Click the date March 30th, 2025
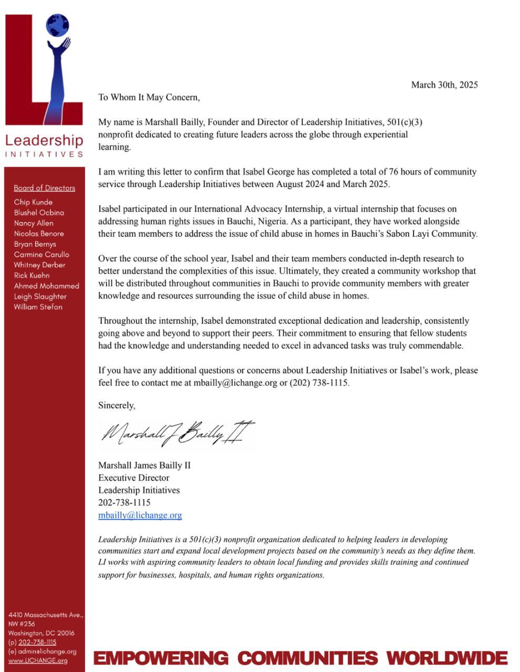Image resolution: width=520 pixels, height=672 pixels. tap(444, 85)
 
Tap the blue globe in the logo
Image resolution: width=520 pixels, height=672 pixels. tap(57, 25)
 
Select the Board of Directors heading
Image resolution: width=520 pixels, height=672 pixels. tap(45, 188)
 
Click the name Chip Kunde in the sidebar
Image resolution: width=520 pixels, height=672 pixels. tap(33, 202)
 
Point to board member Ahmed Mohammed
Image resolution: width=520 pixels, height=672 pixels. tap(46, 286)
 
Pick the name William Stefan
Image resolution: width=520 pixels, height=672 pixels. tap(38, 307)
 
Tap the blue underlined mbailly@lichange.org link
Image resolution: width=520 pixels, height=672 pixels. tap(140, 515)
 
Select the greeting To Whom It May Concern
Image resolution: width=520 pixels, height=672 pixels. tap(149, 97)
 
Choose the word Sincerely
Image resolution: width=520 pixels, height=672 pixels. tap(116, 405)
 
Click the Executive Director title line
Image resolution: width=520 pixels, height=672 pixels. tap(134, 478)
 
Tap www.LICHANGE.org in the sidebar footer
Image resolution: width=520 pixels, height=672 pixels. tap(38, 660)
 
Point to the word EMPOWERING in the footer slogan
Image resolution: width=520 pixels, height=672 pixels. tap(161, 658)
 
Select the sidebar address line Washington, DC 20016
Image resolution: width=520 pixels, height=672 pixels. tap(41, 633)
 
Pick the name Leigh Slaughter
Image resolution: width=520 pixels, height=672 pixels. tap(40, 297)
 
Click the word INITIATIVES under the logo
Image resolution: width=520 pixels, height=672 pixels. tap(44, 154)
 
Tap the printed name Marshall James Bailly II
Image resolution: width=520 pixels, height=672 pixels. tap(144, 465)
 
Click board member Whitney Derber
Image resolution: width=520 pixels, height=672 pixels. tap(40, 265)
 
